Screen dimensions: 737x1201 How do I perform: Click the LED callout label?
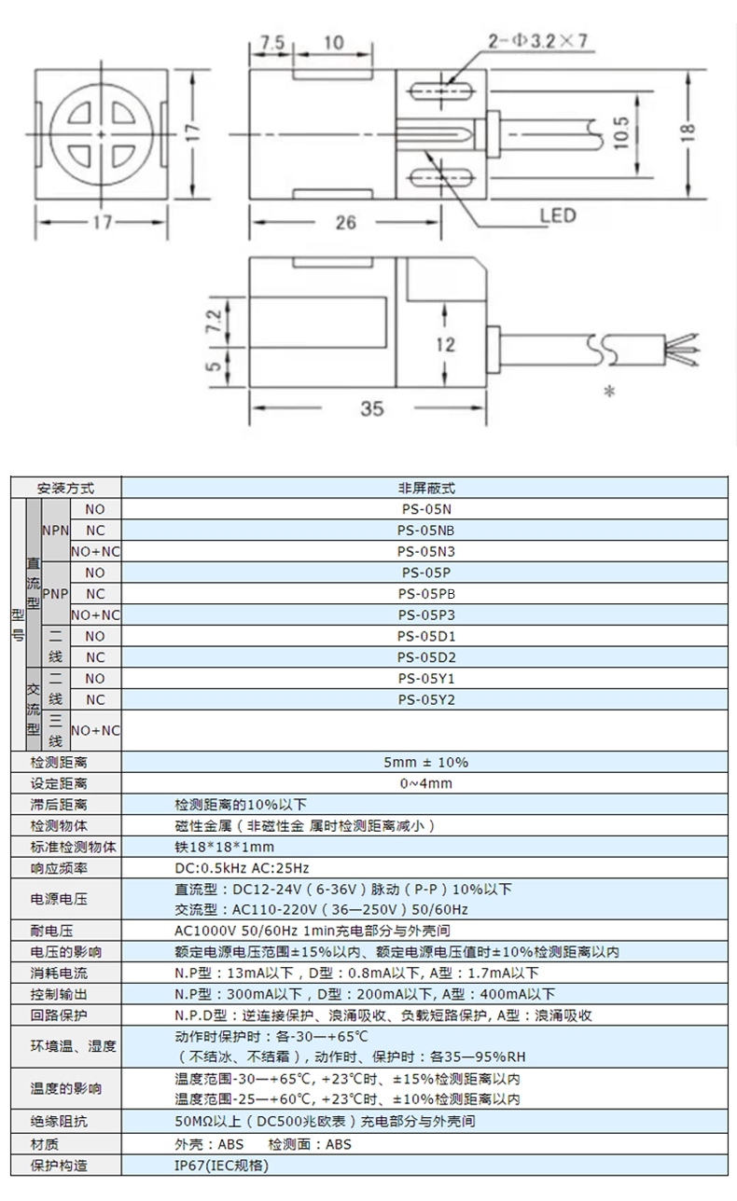click(x=558, y=215)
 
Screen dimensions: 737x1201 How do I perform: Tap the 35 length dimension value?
click(x=371, y=408)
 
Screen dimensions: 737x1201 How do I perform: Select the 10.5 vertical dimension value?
click(x=621, y=132)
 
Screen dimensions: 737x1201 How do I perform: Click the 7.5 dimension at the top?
click(x=271, y=42)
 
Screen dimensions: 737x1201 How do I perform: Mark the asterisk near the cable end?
click(x=609, y=393)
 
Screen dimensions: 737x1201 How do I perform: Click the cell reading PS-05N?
click(x=425, y=509)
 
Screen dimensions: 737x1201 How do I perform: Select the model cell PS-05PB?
click(x=425, y=594)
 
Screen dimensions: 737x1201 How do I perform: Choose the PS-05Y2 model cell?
click(x=425, y=700)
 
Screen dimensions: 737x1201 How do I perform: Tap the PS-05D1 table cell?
click(x=425, y=636)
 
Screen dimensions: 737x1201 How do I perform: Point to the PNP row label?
click(x=54, y=594)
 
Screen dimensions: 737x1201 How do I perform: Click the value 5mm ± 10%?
click(x=425, y=762)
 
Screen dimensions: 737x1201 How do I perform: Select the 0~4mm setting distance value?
click(x=425, y=783)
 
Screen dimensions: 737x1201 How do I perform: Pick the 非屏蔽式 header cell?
click(x=425, y=488)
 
